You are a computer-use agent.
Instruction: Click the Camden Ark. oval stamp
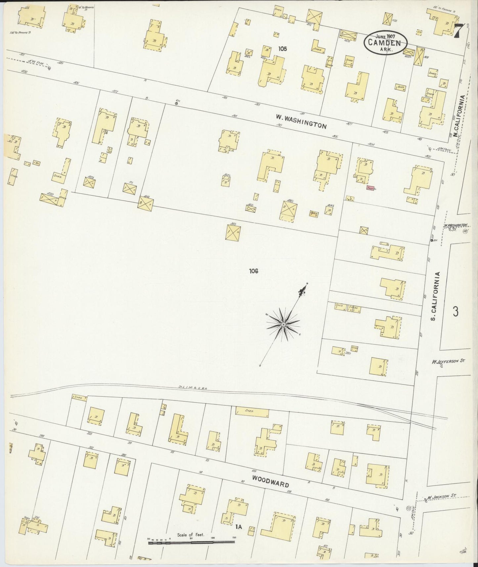tap(386, 43)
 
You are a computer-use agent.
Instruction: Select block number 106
tap(254, 271)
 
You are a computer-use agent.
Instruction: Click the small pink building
tap(370, 188)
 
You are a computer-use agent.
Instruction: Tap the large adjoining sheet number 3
tap(456, 312)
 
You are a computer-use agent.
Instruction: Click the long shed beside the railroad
tap(252, 411)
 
